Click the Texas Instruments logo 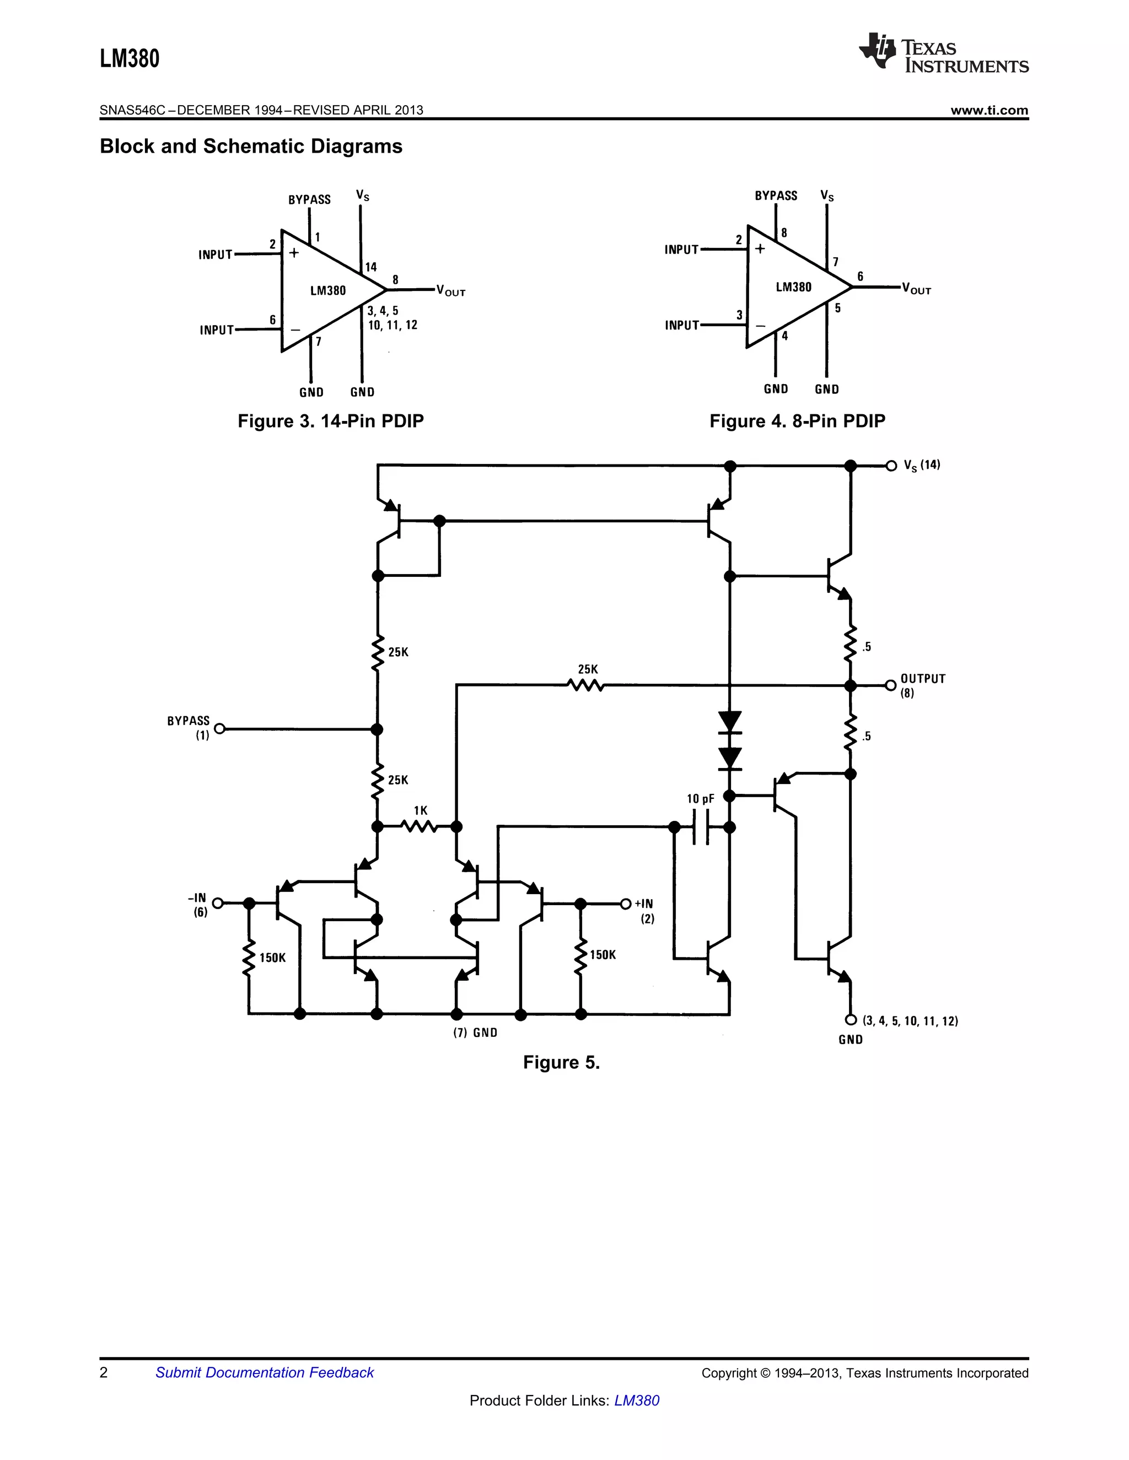(943, 53)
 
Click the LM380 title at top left (130, 59)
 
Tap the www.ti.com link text (988, 110)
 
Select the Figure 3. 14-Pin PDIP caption (330, 421)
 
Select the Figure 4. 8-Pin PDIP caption (797, 421)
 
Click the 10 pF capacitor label (700, 799)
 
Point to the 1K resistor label (420, 811)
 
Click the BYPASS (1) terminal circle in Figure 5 (219, 729)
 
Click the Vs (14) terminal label (921, 466)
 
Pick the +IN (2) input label (645, 911)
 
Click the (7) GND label (475, 1033)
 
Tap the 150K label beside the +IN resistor (602, 955)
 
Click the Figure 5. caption (561, 1062)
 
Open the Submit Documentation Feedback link (264, 1373)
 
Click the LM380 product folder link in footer (636, 1400)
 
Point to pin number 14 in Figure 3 (370, 267)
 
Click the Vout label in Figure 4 (916, 289)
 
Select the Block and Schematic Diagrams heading (251, 147)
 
